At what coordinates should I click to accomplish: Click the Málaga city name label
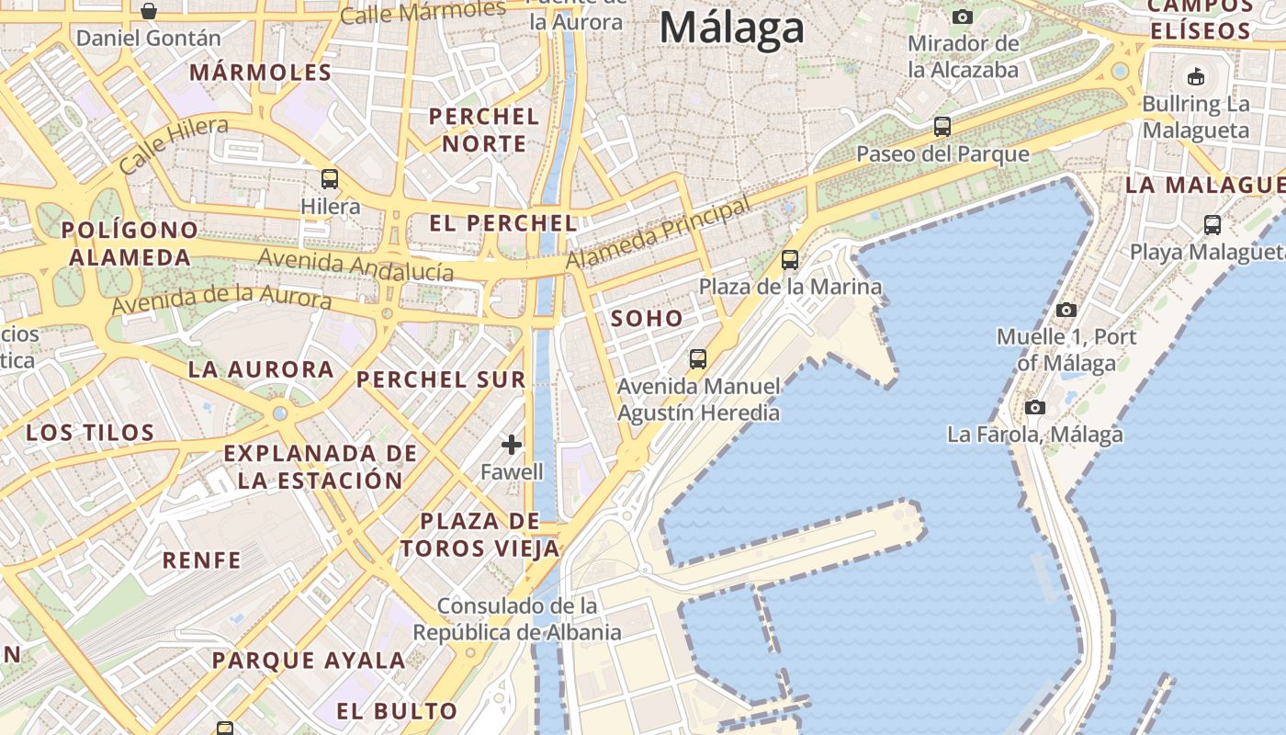click(732, 28)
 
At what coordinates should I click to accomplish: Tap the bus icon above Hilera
click(330, 179)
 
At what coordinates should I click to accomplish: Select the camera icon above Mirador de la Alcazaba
click(963, 17)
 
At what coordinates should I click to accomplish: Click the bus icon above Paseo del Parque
click(942, 127)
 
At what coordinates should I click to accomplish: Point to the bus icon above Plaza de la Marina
click(790, 260)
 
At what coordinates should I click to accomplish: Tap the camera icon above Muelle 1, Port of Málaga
click(1066, 310)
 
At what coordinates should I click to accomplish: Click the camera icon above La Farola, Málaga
click(1035, 407)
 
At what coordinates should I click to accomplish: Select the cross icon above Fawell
click(512, 446)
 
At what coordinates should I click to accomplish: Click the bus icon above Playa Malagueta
click(1213, 224)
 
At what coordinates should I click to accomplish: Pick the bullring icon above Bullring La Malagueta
click(1196, 76)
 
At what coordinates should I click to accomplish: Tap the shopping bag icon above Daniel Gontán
click(149, 11)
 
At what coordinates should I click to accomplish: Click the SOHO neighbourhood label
click(648, 319)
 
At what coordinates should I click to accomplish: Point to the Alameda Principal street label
click(658, 233)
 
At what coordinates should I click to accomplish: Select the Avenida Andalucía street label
click(355, 266)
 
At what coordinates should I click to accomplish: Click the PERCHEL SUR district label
click(441, 379)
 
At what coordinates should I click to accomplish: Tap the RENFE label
click(201, 560)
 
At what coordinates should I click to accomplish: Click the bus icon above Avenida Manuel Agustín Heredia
click(698, 358)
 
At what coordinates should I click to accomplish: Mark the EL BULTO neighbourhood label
click(396, 710)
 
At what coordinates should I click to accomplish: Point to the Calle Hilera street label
click(174, 144)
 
